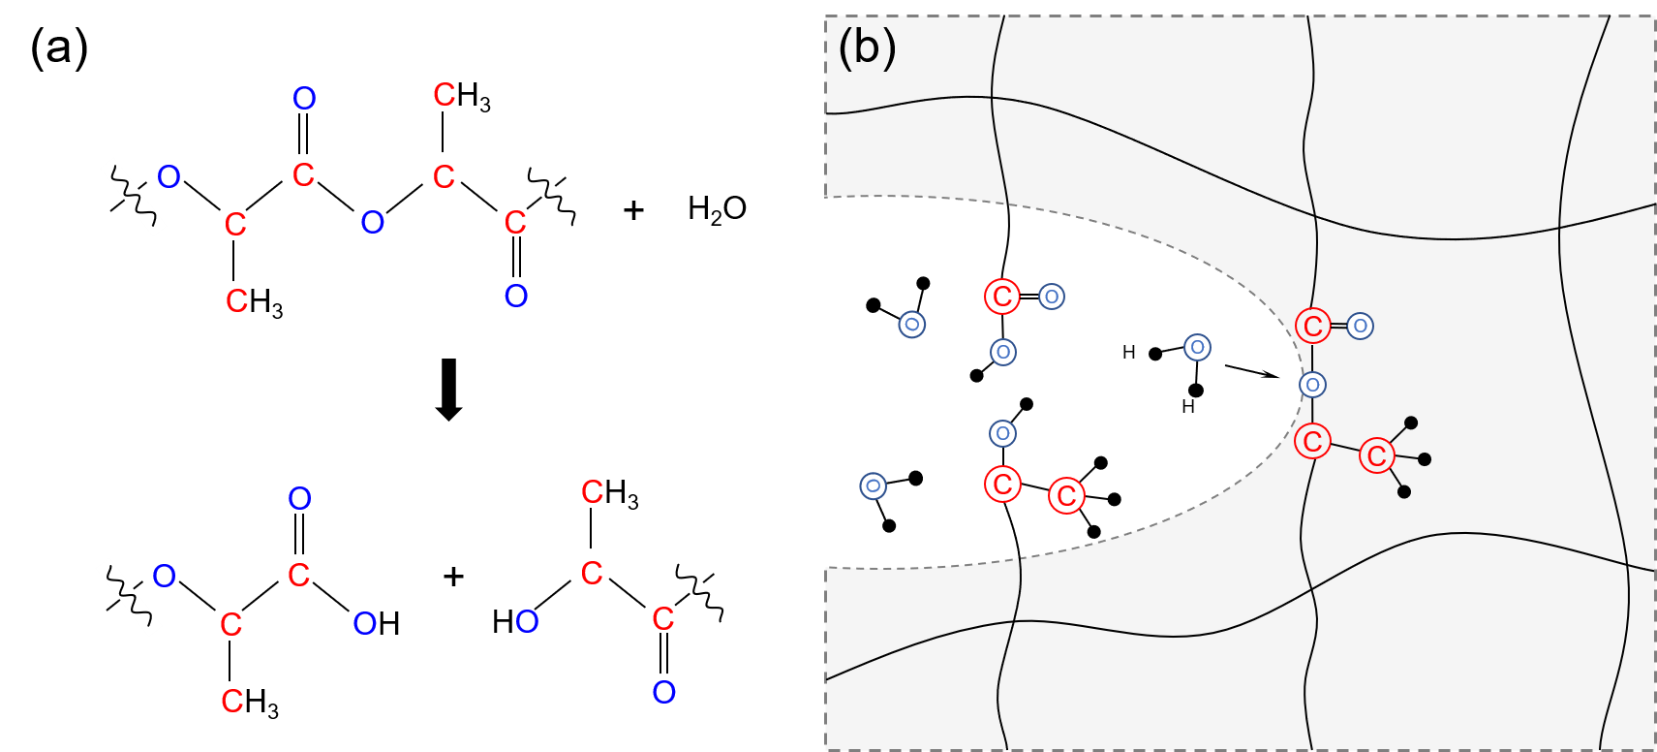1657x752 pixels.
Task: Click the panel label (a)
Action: click(x=59, y=48)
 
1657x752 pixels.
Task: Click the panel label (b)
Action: click(x=867, y=48)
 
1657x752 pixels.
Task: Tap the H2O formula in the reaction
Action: click(x=717, y=209)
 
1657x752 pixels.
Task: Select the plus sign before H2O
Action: click(x=633, y=211)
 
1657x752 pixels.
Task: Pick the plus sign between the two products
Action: click(x=452, y=576)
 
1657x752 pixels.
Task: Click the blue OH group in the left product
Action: click(x=377, y=624)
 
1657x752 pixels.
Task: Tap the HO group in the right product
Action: click(x=515, y=622)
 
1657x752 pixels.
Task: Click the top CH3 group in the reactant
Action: click(x=462, y=96)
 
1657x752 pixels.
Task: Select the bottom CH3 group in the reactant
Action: click(x=255, y=302)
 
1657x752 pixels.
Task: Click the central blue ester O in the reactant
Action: click(x=372, y=222)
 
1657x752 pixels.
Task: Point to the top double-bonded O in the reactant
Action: click(x=304, y=99)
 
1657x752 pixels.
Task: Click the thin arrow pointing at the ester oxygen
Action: click(x=1251, y=371)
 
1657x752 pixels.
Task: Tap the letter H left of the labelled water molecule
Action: click(x=1129, y=353)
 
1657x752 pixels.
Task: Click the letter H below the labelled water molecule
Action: click(x=1188, y=406)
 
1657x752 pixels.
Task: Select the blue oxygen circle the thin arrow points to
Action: click(x=1313, y=384)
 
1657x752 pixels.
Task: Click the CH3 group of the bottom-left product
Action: click(x=250, y=701)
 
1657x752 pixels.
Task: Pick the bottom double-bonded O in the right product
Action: click(x=663, y=692)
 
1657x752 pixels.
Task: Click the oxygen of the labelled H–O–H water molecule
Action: click(x=1197, y=347)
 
